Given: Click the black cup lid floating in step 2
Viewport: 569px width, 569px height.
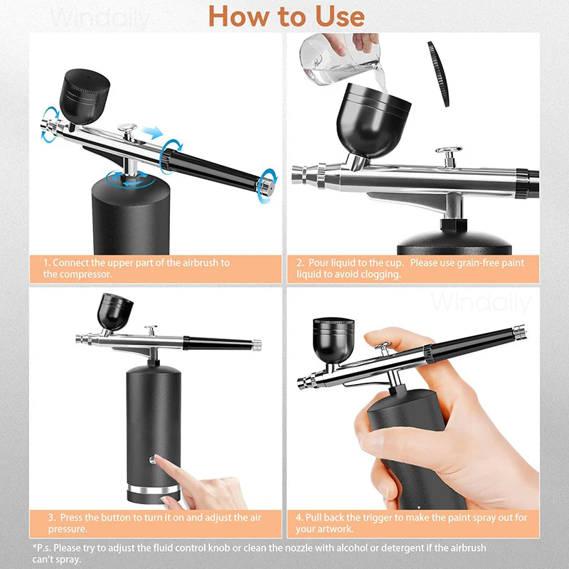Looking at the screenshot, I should pos(439,73).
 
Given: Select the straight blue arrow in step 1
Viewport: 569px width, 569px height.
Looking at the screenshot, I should pos(151,132).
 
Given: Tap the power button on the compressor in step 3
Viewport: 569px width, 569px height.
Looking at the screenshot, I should pos(151,459).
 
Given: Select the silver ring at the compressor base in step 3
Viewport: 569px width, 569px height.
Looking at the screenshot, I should pos(151,492).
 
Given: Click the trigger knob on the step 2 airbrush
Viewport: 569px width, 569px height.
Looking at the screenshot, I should pos(448,151).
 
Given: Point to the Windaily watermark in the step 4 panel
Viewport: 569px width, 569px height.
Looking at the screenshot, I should pos(480,303).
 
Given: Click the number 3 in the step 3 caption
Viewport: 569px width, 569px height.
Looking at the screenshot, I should pos(51,517).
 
